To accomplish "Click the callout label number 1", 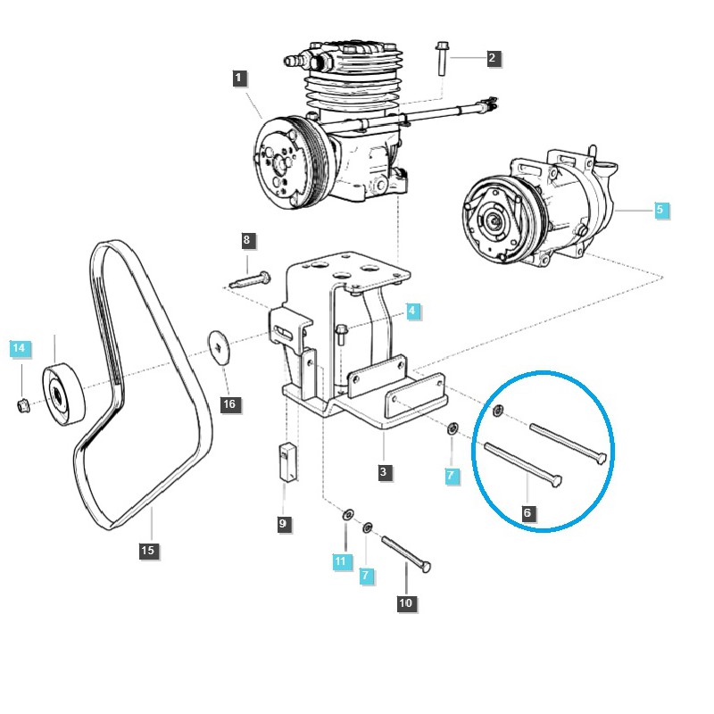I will (238, 79).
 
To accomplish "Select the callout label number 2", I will (492, 59).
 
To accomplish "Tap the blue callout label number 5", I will (660, 211).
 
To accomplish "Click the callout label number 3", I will (384, 472).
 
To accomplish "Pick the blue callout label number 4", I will (411, 311).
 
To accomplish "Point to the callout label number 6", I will (527, 512).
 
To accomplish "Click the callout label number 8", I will (247, 239).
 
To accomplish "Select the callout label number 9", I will (283, 524).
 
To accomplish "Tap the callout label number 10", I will (406, 603).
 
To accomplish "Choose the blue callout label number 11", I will (340, 560).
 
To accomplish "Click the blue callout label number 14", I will (20, 348).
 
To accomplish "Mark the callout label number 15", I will (148, 551).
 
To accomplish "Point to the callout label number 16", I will (229, 404).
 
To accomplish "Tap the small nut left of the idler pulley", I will (21, 407).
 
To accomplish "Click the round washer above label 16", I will (220, 345).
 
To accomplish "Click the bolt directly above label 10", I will (407, 553).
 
